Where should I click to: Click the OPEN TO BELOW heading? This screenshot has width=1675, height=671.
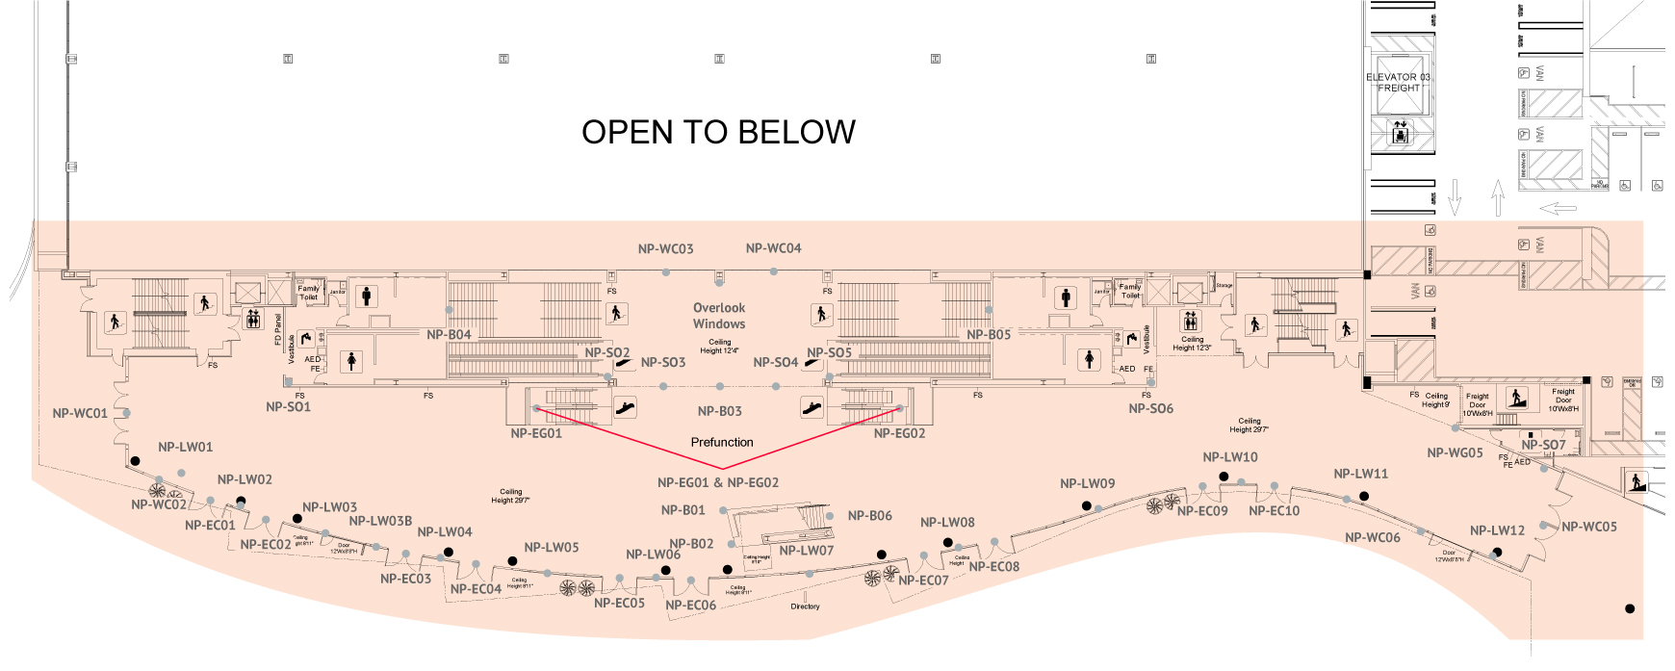tap(718, 132)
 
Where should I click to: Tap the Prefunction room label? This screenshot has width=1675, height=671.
tap(722, 443)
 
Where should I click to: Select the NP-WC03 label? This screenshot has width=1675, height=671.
tap(665, 249)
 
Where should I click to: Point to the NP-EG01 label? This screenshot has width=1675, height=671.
tap(536, 434)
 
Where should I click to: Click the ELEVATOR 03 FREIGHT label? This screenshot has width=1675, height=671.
tap(1398, 83)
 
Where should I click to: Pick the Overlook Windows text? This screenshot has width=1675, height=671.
tap(719, 316)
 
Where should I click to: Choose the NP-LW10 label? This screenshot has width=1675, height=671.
tap(1230, 457)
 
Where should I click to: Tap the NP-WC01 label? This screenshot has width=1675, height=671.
tap(80, 414)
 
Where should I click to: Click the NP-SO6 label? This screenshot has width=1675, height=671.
tap(1151, 409)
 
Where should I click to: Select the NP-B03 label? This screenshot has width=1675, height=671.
tap(720, 412)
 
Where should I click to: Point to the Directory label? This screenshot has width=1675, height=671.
tap(806, 606)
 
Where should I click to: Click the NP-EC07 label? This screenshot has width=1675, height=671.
tap(923, 581)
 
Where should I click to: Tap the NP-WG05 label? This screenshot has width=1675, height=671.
tap(1455, 453)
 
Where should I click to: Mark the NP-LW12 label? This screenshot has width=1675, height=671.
tap(1497, 530)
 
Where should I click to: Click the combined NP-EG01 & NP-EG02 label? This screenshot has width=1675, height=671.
tap(718, 483)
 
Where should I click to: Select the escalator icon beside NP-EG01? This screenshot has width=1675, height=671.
tap(626, 407)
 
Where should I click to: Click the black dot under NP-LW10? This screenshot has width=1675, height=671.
tap(1224, 477)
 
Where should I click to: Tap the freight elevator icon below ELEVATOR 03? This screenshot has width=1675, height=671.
tap(1401, 133)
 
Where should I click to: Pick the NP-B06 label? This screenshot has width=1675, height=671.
tap(869, 516)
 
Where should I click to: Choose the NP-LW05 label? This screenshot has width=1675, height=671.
tap(552, 548)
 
